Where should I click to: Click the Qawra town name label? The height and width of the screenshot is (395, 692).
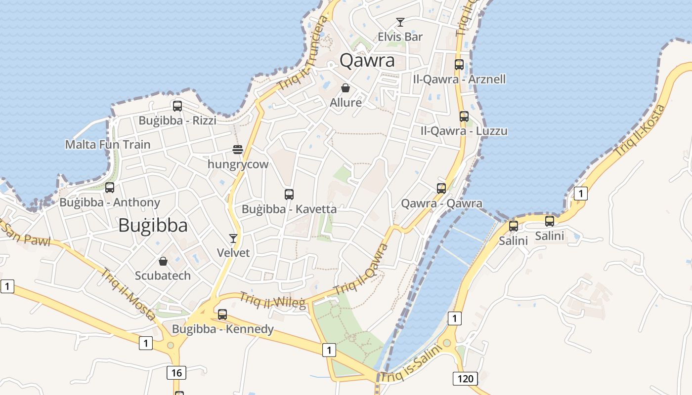point(367,61)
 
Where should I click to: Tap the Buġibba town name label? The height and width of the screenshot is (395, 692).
point(153,226)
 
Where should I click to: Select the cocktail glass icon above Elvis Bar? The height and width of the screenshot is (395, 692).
point(400,22)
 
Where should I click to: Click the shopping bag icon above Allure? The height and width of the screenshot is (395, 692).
point(346,88)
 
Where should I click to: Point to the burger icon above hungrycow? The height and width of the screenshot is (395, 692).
point(238,150)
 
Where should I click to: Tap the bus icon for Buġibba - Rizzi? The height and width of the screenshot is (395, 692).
point(177,106)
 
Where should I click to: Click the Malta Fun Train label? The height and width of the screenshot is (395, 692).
point(108,145)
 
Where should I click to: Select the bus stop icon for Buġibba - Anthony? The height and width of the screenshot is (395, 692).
point(110,188)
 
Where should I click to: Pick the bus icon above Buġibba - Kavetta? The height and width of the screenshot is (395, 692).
point(289,195)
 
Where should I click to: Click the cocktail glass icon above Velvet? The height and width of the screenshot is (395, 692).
point(233,238)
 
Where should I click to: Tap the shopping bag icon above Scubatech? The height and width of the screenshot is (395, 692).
point(163,261)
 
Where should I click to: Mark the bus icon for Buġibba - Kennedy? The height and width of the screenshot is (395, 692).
point(222,314)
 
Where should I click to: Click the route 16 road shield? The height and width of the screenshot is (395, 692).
point(177,372)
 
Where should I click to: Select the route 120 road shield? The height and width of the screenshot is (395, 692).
point(465,379)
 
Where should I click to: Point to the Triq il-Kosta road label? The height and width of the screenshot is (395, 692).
point(641,131)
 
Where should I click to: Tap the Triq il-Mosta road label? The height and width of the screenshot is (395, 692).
point(130,293)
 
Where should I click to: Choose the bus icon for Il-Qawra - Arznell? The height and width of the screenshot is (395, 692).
point(459,65)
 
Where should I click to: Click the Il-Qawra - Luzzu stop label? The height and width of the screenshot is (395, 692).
point(464,131)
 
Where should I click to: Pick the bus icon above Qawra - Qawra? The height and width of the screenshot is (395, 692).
point(441,188)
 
